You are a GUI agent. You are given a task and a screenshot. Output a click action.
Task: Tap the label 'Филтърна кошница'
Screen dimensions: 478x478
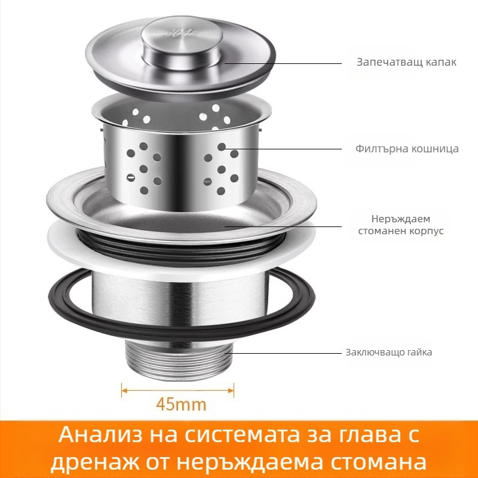click(x=406, y=149)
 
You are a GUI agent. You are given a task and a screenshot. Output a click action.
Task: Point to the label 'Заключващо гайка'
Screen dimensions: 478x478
click(x=388, y=353)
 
